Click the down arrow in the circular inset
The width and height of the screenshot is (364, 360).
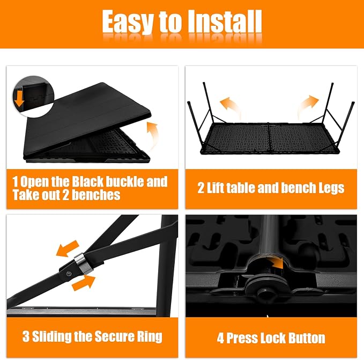click(19, 99)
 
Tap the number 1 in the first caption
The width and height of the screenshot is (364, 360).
click(16, 181)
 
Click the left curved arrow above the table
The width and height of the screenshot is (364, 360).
click(230, 107)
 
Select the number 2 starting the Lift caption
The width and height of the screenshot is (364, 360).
click(200, 188)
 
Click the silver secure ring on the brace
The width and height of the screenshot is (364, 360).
click(83, 263)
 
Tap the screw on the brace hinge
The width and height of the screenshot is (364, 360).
click(69, 274)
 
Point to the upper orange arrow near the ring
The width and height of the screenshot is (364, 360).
click(68, 248)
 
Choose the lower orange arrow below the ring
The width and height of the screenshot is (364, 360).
click(84, 283)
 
